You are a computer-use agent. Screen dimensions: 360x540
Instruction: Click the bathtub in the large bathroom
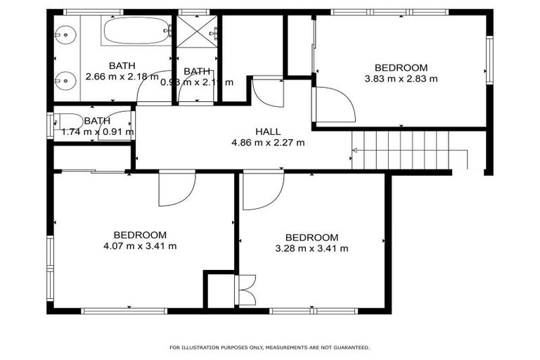[x=136, y=31]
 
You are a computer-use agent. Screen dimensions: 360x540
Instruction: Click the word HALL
[x=267, y=131]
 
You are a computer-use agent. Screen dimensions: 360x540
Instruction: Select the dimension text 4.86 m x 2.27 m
[x=267, y=142]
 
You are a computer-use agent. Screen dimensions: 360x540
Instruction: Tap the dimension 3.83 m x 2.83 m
[x=401, y=79]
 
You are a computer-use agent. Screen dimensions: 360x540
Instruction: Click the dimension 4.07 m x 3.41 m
[x=139, y=246]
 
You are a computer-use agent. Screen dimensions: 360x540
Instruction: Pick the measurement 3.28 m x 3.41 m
[x=311, y=248]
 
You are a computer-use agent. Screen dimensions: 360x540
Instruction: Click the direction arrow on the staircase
[x=356, y=150]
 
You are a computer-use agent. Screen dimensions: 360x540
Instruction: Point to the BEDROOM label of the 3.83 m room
[x=401, y=67]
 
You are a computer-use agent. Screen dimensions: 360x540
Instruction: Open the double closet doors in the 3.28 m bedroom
[x=246, y=290]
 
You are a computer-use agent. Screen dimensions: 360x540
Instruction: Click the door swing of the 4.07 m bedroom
[x=176, y=188]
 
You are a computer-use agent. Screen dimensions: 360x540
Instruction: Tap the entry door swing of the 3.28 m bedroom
[x=262, y=191]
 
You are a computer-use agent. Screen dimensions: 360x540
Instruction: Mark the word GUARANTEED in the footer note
[x=349, y=347]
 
